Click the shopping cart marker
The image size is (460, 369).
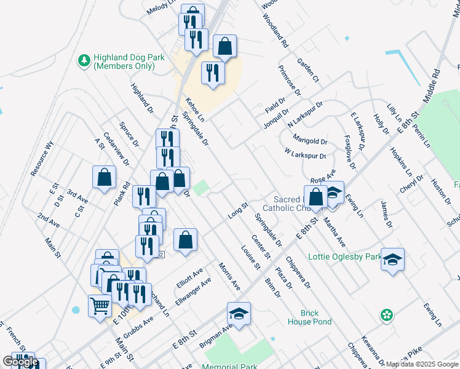click(100, 305)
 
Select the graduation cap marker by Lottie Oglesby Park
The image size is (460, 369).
click(392, 260)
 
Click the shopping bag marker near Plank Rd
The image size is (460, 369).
click(105, 177)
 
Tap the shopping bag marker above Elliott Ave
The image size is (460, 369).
click(185, 241)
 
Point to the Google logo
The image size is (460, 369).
click(20, 362)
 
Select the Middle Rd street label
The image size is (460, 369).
click(434, 85)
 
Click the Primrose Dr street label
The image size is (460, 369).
click(289, 81)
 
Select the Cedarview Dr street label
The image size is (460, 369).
click(117, 149)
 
